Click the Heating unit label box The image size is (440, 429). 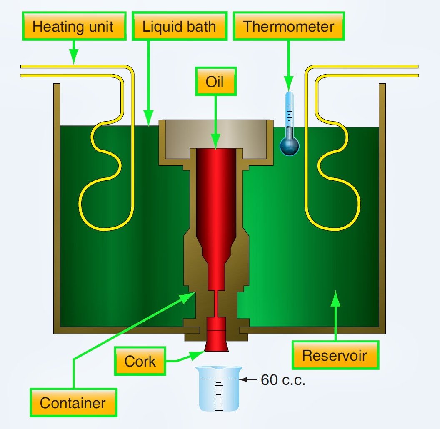pos(73,27)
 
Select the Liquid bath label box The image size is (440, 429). pos(179,27)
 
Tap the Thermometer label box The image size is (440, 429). pos(289,27)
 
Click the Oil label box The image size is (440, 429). pos(215,82)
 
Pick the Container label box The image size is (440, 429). pos(73,403)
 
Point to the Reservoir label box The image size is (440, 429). pos(335,355)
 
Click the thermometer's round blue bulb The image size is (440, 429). pos(289,146)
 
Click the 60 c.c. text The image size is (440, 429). pos(283,380)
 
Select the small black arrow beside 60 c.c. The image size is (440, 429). pos(249,379)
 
